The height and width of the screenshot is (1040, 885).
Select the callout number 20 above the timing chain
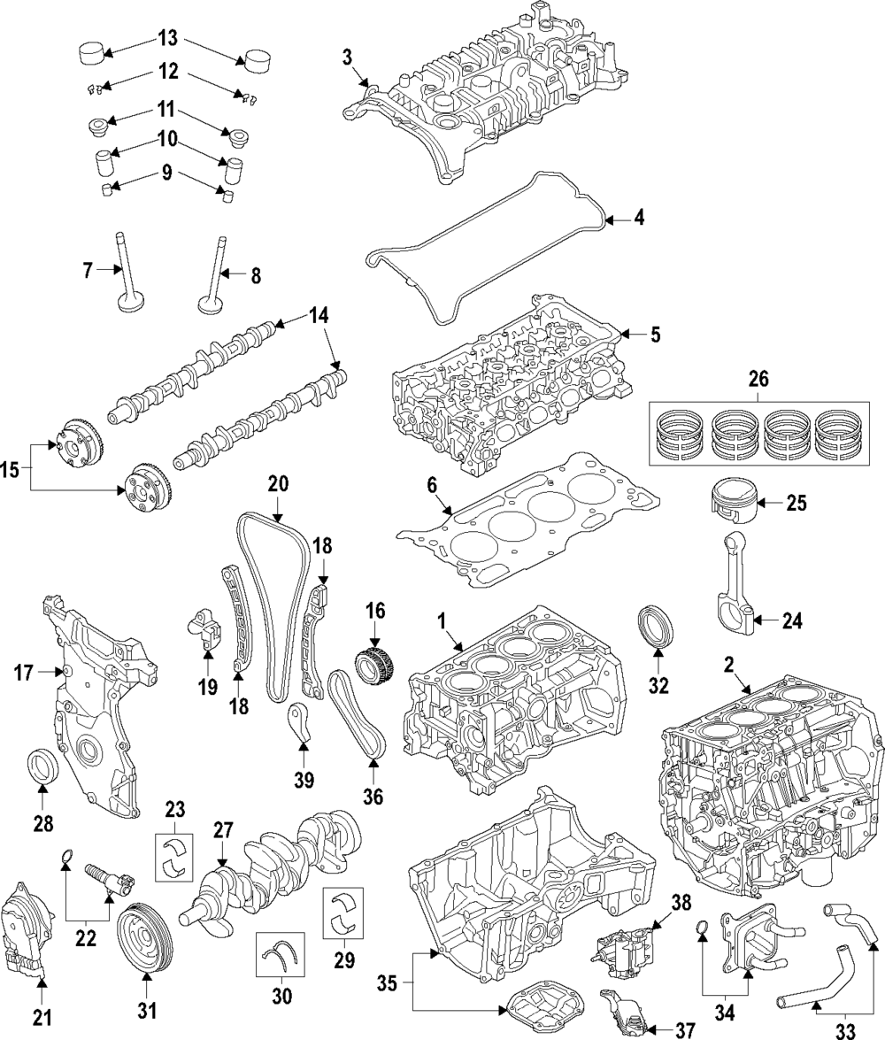278,484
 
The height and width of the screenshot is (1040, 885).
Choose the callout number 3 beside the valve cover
348,58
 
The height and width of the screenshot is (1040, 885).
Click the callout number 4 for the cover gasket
639,217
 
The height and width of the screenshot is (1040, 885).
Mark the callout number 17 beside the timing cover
22,674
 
